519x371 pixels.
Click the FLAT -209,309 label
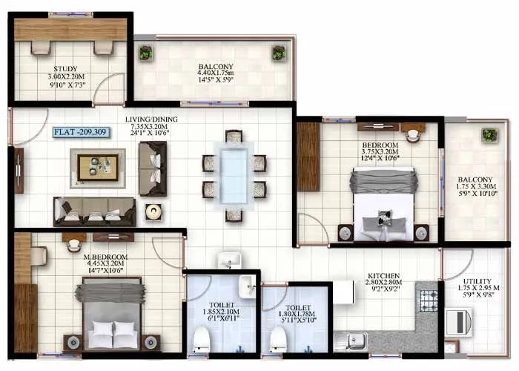click(x=81, y=133)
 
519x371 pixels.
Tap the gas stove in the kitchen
click(x=429, y=300)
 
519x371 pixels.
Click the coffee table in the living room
click(x=98, y=167)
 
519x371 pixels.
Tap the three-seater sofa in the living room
click(x=94, y=211)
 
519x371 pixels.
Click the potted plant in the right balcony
click(x=489, y=135)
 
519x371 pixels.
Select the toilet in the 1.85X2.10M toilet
click(x=200, y=341)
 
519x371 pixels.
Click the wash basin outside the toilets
click(x=229, y=261)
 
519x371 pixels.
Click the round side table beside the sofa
click(x=154, y=212)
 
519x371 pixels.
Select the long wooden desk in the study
click(x=70, y=29)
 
